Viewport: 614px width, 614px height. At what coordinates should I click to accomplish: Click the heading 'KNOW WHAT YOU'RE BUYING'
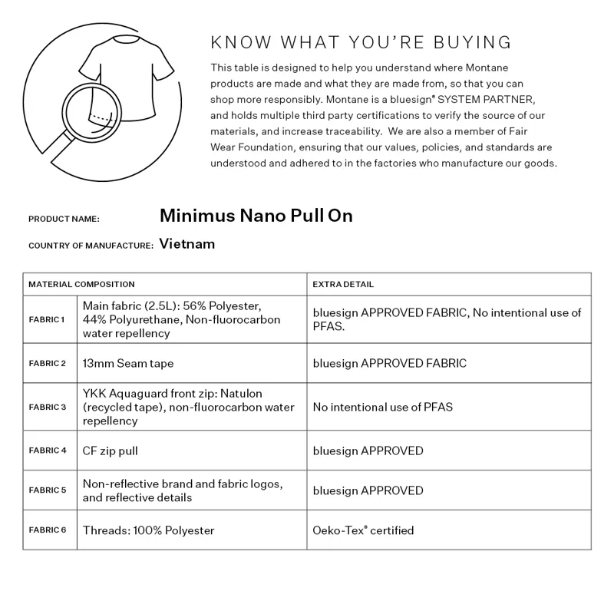pyautogui.click(x=361, y=41)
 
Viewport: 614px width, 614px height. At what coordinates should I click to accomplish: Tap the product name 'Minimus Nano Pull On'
pyautogui.click(x=256, y=216)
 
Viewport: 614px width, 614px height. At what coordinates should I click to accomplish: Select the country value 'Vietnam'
pyautogui.click(x=187, y=244)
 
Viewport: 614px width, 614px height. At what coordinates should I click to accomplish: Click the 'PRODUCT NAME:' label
pyautogui.click(x=64, y=219)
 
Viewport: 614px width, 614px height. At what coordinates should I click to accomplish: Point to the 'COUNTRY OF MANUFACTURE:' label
pyautogui.click(x=91, y=246)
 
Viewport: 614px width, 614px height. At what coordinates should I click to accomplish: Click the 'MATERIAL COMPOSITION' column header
pyautogui.click(x=81, y=284)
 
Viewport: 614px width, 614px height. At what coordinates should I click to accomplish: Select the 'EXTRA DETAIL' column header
pyautogui.click(x=343, y=284)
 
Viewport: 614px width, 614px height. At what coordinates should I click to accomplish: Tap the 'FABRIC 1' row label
pyautogui.click(x=47, y=319)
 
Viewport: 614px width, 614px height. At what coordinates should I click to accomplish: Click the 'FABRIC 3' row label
pyautogui.click(x=47, y=408)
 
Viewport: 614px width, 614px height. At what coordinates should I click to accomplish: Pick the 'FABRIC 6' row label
pyautogui.click(x=47, y=530)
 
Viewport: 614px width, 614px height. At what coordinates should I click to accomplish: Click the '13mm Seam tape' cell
pyautogui.click(x=123, y=364)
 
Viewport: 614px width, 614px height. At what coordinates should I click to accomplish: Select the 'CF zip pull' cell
pyautogui.click(x=111, y=451)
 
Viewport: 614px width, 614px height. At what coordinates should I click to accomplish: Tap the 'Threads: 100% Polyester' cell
pyautogui.click(x=148, y=530)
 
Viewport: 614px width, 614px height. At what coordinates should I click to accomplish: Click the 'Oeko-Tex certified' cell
pyautogui.click(x=363, y=530)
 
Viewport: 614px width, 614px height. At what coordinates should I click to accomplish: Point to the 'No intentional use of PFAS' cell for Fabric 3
pyautogui.click(x=382, y=407)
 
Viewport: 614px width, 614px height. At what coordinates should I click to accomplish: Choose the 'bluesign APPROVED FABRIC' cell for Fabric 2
pyautogui.click(x=389, y=364)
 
